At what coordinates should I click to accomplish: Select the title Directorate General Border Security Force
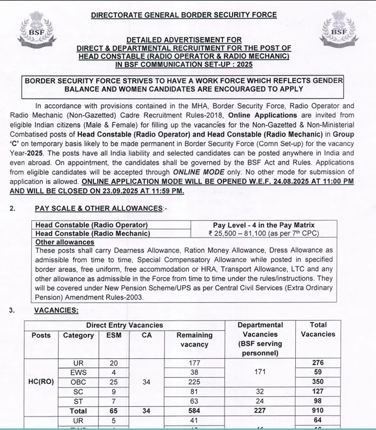point(184,14)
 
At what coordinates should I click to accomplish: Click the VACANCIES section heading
point(56,310)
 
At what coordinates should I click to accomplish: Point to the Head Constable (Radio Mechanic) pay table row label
point(93,233)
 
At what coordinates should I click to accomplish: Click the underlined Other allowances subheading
point(64,242)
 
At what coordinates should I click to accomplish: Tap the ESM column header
point(114,335)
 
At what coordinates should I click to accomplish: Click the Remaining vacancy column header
point(194,340)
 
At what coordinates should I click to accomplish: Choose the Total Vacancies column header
point(318,330)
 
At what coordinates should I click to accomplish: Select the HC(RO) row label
point(41,382)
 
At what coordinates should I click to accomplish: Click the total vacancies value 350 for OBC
point(318,382)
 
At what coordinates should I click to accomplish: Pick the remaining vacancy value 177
point(194,363)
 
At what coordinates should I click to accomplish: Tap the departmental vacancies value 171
point(260,372)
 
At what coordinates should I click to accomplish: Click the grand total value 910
point(318,411)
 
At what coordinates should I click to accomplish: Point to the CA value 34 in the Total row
point(147,411)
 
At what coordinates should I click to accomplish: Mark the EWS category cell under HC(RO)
point(78,373)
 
